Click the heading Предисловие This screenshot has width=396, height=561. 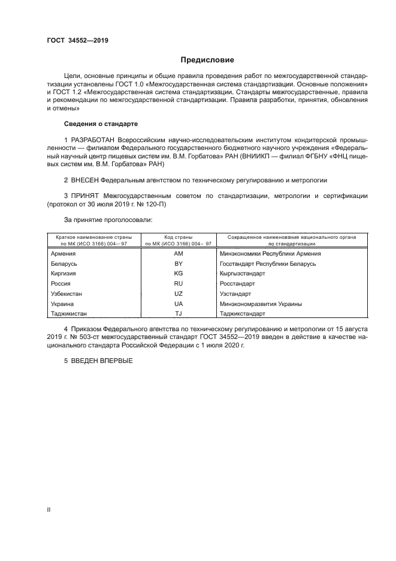[x=208, y=60]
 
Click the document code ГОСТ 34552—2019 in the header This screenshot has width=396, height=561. [x=77, y=41]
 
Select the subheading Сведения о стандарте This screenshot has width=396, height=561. [x=101, y=124]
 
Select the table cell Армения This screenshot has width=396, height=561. [x=64, y=254]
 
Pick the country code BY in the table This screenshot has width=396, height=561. [x=178, y=264]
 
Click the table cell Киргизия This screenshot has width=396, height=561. [x=65, y=274]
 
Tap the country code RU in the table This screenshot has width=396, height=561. [x=178, y=283]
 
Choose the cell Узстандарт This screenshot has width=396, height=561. [x=235, y=293]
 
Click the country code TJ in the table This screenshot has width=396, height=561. [x=178, y=313]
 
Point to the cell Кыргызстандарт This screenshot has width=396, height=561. [x=243, y=274]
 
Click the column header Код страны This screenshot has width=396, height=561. [x=178, y=238]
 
